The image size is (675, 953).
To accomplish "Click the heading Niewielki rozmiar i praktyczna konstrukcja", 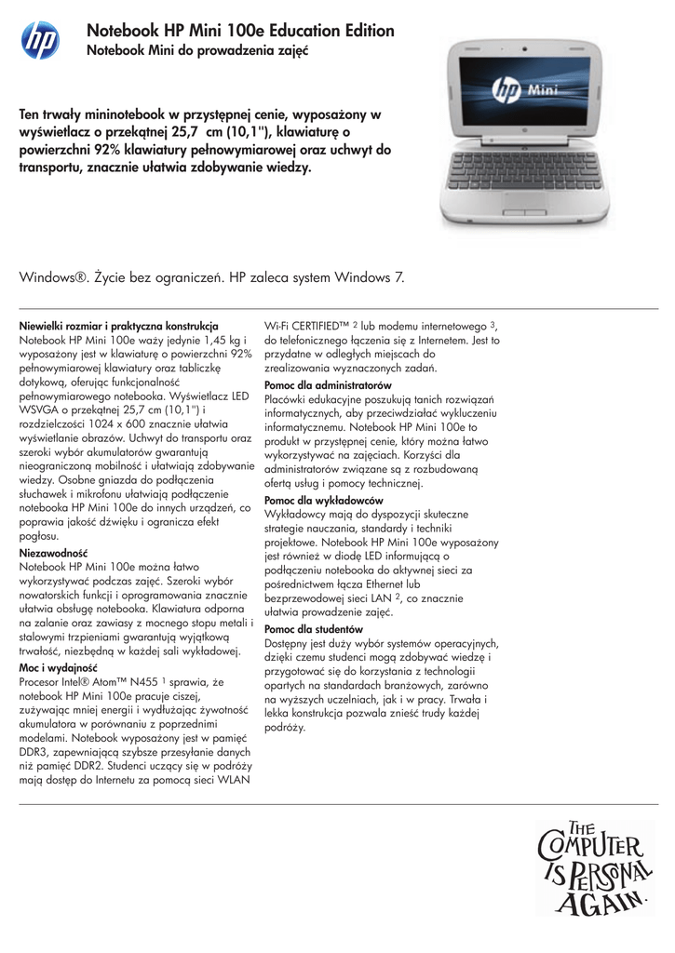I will click(119, 328).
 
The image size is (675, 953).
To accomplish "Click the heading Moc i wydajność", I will click(59, 667).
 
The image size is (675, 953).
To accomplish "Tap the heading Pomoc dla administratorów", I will click(328, 384).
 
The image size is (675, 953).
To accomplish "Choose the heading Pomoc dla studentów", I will click(314, 629).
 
